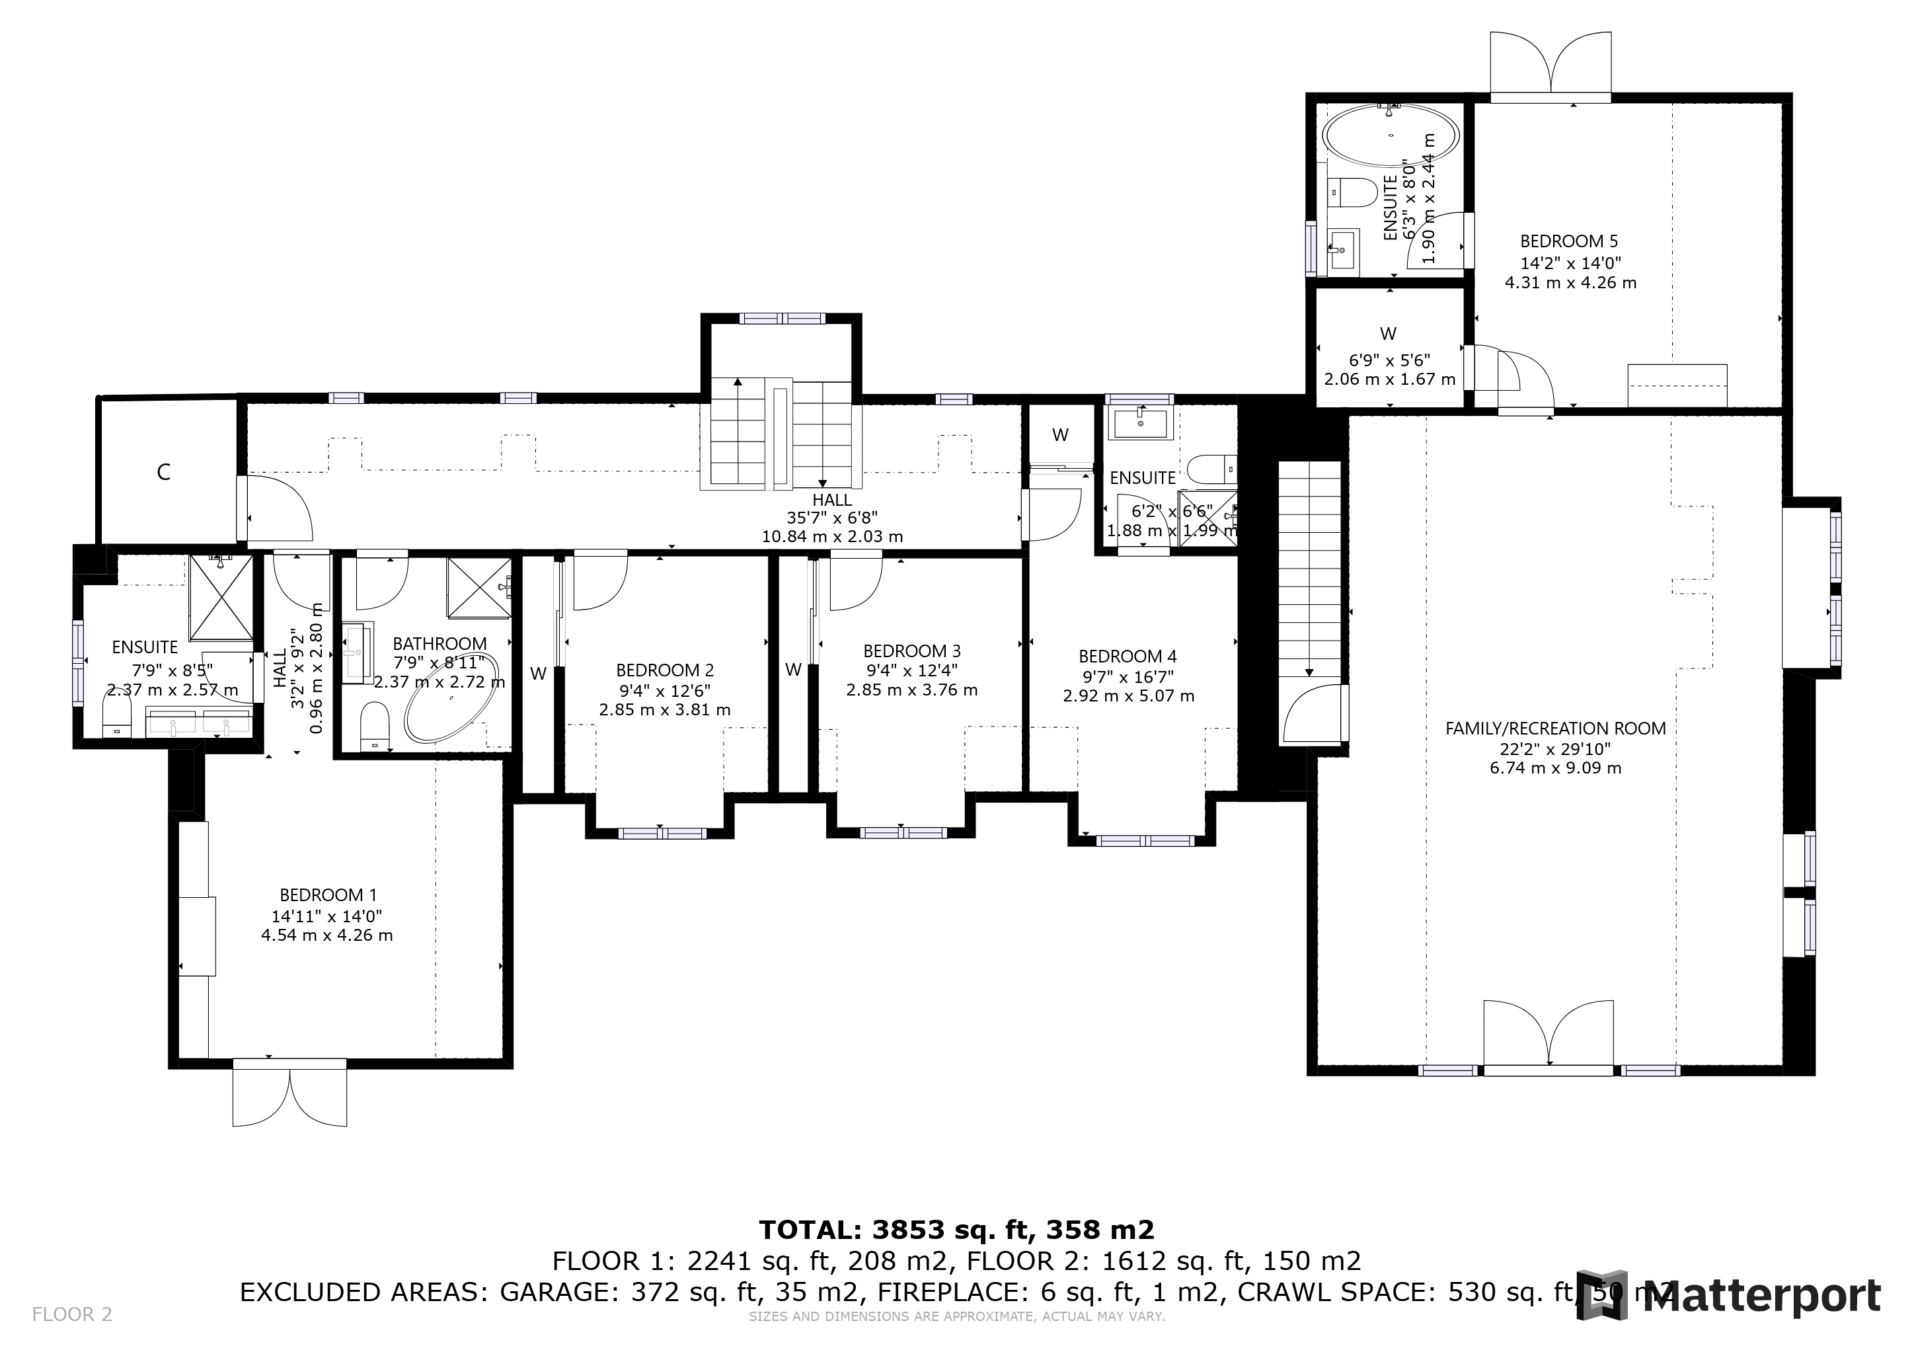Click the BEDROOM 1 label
tap(322, 895)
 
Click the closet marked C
tap(164, 472)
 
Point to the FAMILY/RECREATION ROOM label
tap(1556, 728)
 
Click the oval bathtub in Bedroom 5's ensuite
tap(1391, 134)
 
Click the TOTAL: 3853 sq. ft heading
tap(956, 1229)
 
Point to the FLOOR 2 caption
tap(71, 1315)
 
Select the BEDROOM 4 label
tap(1127, 656)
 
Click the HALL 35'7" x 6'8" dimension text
tap(832, 518)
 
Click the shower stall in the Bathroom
tap(478, 588)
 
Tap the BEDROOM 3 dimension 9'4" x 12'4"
tap(911, 670)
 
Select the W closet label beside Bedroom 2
tap(538, 674)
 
